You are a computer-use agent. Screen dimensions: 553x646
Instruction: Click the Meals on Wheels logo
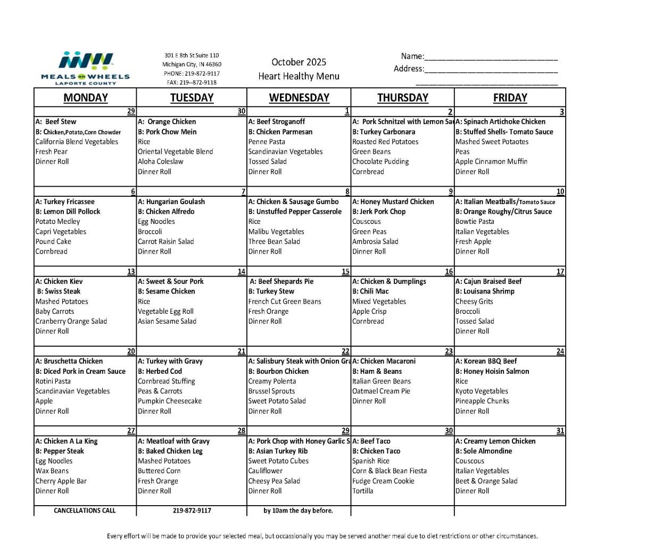85,68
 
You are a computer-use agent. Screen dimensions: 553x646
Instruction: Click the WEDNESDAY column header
299,98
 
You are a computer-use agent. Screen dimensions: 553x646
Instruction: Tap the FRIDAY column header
510,98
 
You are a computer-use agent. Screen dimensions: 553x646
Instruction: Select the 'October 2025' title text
299,62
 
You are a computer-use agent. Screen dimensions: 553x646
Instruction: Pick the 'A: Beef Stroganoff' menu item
276,122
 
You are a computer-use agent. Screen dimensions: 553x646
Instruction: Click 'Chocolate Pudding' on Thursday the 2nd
380,162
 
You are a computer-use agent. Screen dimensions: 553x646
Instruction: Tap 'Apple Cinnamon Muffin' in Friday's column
491,162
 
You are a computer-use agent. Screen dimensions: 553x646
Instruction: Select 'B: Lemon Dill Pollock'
68,212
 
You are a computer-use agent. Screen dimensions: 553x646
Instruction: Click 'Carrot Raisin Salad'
166,241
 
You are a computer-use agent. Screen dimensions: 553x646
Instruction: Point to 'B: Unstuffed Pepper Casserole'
295,212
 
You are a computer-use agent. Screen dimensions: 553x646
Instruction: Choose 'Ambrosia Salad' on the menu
375,241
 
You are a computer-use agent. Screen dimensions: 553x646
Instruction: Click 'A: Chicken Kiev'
60,281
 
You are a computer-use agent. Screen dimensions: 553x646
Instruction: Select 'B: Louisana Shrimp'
485,291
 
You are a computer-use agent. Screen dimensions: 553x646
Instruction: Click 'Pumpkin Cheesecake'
170,401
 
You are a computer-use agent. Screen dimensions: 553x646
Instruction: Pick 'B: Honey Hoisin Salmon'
492,372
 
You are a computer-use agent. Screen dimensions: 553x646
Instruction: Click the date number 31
560,431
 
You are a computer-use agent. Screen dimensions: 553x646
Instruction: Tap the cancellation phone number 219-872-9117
192,510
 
